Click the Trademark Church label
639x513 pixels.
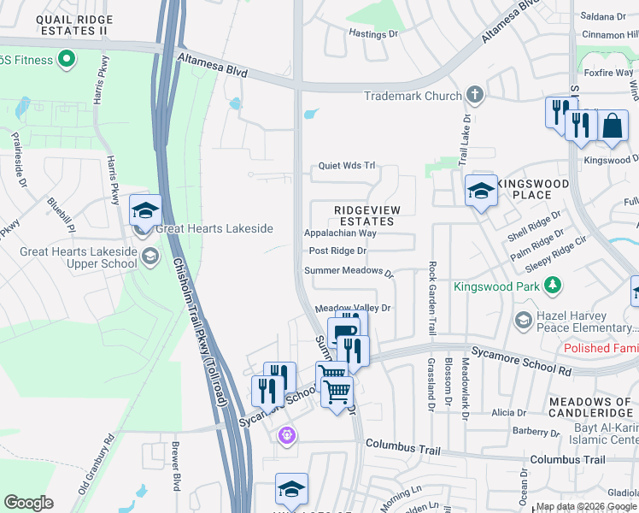(412, 96)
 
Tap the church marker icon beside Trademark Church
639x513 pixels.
(476, 96)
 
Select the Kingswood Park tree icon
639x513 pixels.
(554, 285)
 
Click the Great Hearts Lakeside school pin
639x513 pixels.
(145, 210)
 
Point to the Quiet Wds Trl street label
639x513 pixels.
(347, 167)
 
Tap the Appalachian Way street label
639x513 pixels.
(340, 233)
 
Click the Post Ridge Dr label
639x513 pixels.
(337, 251)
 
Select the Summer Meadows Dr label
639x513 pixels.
(349, 272)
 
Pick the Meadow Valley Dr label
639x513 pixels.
(353, 308)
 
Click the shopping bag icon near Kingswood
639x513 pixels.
(613, 127)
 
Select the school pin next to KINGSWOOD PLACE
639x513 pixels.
(481, 192)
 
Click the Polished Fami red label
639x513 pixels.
(601, 348)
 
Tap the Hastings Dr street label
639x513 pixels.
(373, 33)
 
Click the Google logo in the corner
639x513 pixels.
(28, 502)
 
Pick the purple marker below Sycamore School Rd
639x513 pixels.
(286, 435)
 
